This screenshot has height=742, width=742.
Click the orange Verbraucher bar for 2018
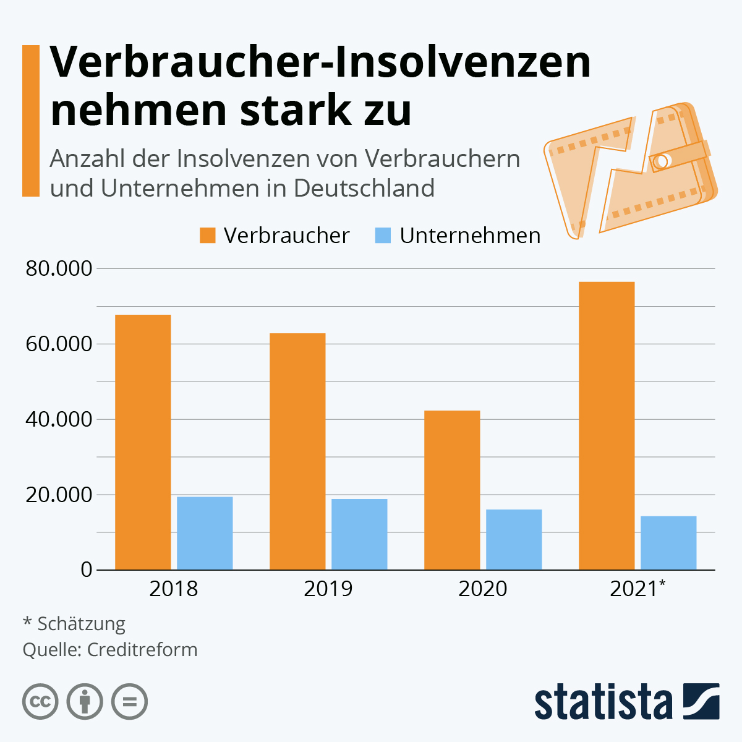pos(143,442)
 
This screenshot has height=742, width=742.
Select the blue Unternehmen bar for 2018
pos(205,533)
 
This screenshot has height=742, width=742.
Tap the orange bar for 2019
pos(297,451)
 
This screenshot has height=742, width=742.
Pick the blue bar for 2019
pos(359,534)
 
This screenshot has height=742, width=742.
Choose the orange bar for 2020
pos(452,490)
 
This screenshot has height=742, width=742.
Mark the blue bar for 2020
pos(514,539)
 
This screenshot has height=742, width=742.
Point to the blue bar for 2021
pos(668,543)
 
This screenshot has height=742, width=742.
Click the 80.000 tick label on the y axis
pos(59,269)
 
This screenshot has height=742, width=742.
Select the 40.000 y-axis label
pos(59,419)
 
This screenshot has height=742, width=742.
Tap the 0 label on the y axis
pos(87,569)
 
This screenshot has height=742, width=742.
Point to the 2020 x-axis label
pos(482,589)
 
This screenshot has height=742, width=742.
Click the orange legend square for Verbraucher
pos(208,236)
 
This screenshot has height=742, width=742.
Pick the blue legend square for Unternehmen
pos(383,236)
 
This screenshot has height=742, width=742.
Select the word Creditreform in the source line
pos(142,650)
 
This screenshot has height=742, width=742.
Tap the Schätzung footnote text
pos(81,623)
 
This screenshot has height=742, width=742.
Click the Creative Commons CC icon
pos(40,702)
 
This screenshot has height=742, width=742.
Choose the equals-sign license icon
pos(130,702)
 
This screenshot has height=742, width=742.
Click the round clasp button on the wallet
pos(660,161)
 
